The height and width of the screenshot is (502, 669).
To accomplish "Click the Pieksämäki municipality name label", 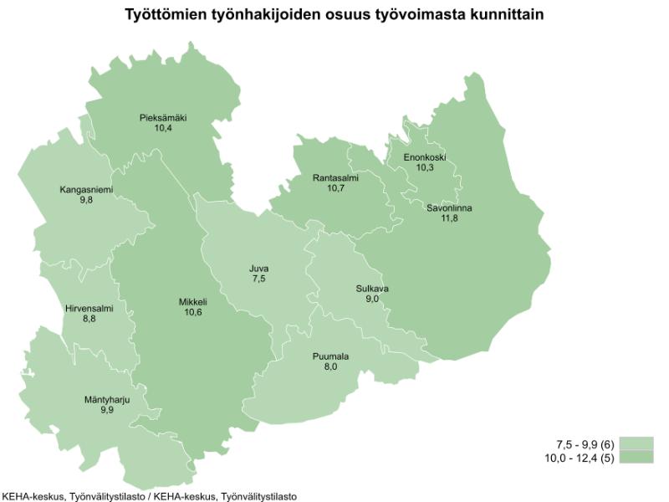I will pos(162,118).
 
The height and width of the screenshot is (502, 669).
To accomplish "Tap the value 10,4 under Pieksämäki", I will pos(162,129).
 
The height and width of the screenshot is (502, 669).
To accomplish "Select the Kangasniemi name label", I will pos(85,190).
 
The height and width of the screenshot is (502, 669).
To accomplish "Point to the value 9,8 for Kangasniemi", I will pos(85,201).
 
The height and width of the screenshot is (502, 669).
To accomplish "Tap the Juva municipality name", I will pos(258,269).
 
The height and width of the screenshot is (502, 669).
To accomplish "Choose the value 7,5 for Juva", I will pos(258,279).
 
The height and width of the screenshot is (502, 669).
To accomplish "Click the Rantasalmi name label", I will pos(336,177).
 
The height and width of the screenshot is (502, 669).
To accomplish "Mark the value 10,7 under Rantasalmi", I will pos(336,188).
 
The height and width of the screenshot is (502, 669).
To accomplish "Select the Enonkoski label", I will pos(425,157).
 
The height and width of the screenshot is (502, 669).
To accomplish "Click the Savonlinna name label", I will pos(449,207).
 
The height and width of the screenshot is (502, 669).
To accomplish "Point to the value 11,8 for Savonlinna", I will pos(449,218).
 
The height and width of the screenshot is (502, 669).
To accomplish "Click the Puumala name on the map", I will pos(330,356).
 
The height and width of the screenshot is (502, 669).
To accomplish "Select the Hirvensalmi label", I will pos(89,308).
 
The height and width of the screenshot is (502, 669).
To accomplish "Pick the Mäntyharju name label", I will pos(105,399).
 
